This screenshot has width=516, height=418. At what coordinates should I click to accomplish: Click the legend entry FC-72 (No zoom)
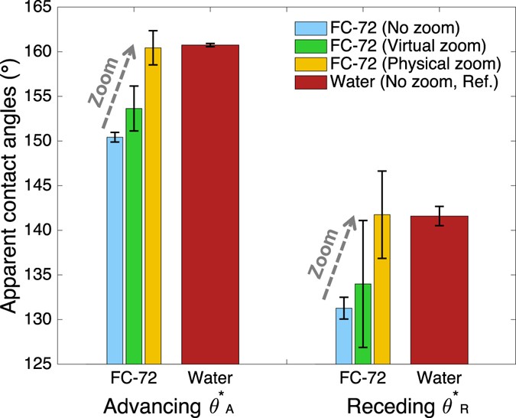[388, 28]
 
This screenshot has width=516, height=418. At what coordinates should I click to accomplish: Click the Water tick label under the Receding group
[440, 379]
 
